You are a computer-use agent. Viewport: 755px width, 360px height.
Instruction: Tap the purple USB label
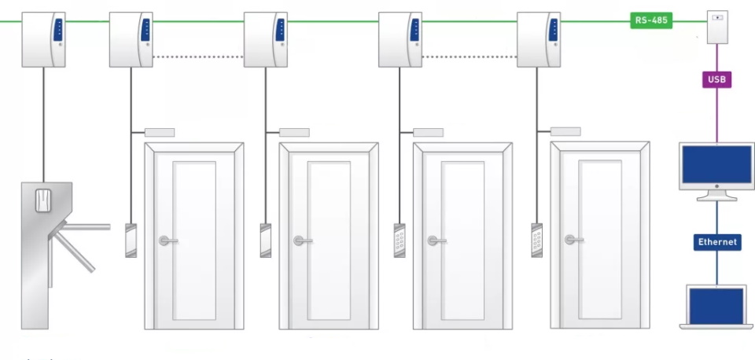point(716,79)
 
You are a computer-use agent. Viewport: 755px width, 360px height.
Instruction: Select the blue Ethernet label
point(716,242)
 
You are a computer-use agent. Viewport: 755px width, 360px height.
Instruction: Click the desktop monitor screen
point(716,166)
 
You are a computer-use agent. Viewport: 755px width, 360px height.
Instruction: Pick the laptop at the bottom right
point(716,307)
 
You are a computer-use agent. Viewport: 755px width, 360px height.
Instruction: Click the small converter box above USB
point(717,28)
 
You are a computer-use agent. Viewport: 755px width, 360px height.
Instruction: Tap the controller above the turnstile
point(44,39)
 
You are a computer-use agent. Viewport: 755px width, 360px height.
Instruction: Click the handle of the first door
point(167,241)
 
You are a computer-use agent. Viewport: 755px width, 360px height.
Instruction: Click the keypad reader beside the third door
point(400,240)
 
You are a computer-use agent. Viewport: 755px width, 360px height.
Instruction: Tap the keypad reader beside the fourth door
point(537,239)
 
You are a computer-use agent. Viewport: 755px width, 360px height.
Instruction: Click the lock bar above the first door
point(160,132)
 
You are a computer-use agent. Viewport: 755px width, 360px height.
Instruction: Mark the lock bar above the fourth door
point(565,131)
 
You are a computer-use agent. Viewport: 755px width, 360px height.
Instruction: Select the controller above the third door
point(400,39)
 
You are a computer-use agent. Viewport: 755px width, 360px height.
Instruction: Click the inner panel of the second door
point(329,240)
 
